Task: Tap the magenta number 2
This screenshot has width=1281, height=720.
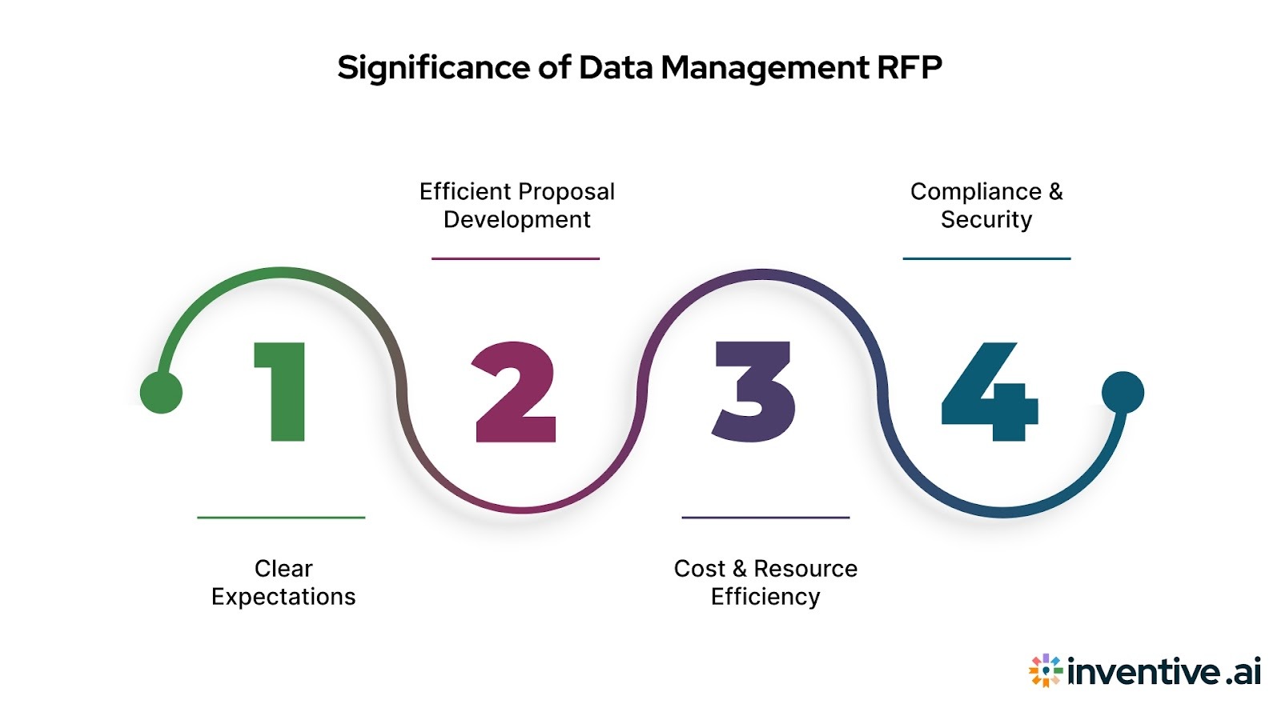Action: (x=515, y=392)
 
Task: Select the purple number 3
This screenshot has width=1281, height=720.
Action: (x=753, y=392)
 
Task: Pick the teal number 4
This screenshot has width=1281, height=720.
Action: (x=990, y=392)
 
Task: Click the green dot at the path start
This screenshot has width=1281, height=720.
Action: (x=161, y=393)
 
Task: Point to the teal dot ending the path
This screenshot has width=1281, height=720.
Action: (x=1122, y=392)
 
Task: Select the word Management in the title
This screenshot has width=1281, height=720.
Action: (x=765, y=68)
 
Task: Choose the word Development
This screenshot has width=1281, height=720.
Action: (x=517, y=220)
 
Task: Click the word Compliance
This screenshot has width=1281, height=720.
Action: (x=976, y=192)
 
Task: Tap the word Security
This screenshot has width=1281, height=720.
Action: (x=986, y=220)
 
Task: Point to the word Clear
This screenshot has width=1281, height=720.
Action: (x=283, y=569)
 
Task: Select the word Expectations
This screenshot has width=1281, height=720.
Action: (x=283, y=597)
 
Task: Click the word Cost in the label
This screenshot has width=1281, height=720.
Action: (x=699, y=569)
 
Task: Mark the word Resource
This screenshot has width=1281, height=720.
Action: (x=805, y=569)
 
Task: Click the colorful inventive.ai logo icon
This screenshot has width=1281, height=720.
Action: (x=1045, y=670)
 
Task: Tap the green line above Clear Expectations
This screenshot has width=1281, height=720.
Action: (x=281, y=518)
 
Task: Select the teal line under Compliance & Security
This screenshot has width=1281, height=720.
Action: (x=986, y=258)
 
